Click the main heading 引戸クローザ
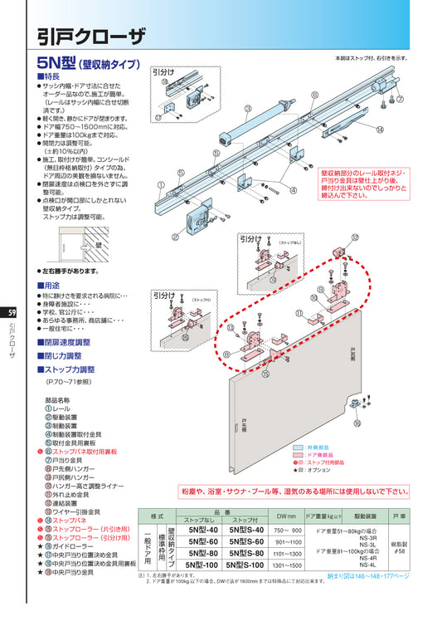pyautogui.click(x=91, y=35)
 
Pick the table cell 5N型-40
pyautogui.click(x=203, y=529)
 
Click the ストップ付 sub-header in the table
pyautogui.click(x=248, y=520)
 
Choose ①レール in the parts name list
pyautogui.click(x=60, y=410)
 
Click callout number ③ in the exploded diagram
pyautogui.click(x=248, y=109)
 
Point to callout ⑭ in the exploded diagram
pyautogui.click(x=379, y=130)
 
